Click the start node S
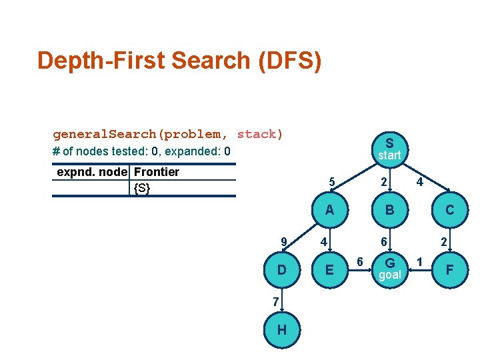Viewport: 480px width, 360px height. tap(389, 148)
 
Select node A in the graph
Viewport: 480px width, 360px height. tap(329, 210)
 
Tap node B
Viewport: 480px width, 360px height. tap(389, 210)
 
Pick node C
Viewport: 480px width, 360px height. tap(449, 210)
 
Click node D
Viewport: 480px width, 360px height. tap(282, 269)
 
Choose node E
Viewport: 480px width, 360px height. tap(329, 269)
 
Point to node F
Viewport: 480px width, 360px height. tap(449, 269)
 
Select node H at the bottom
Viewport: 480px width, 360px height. tap(282, 330)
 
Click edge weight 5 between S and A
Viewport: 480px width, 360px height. tap(331, 182)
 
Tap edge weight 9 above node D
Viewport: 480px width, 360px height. tap(284, 241)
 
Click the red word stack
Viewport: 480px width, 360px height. tap(256, 134)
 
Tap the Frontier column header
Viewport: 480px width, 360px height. tap(157, 172)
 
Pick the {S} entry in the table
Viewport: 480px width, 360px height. tap(142, 188)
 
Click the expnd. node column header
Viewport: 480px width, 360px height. tap(92, 172)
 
